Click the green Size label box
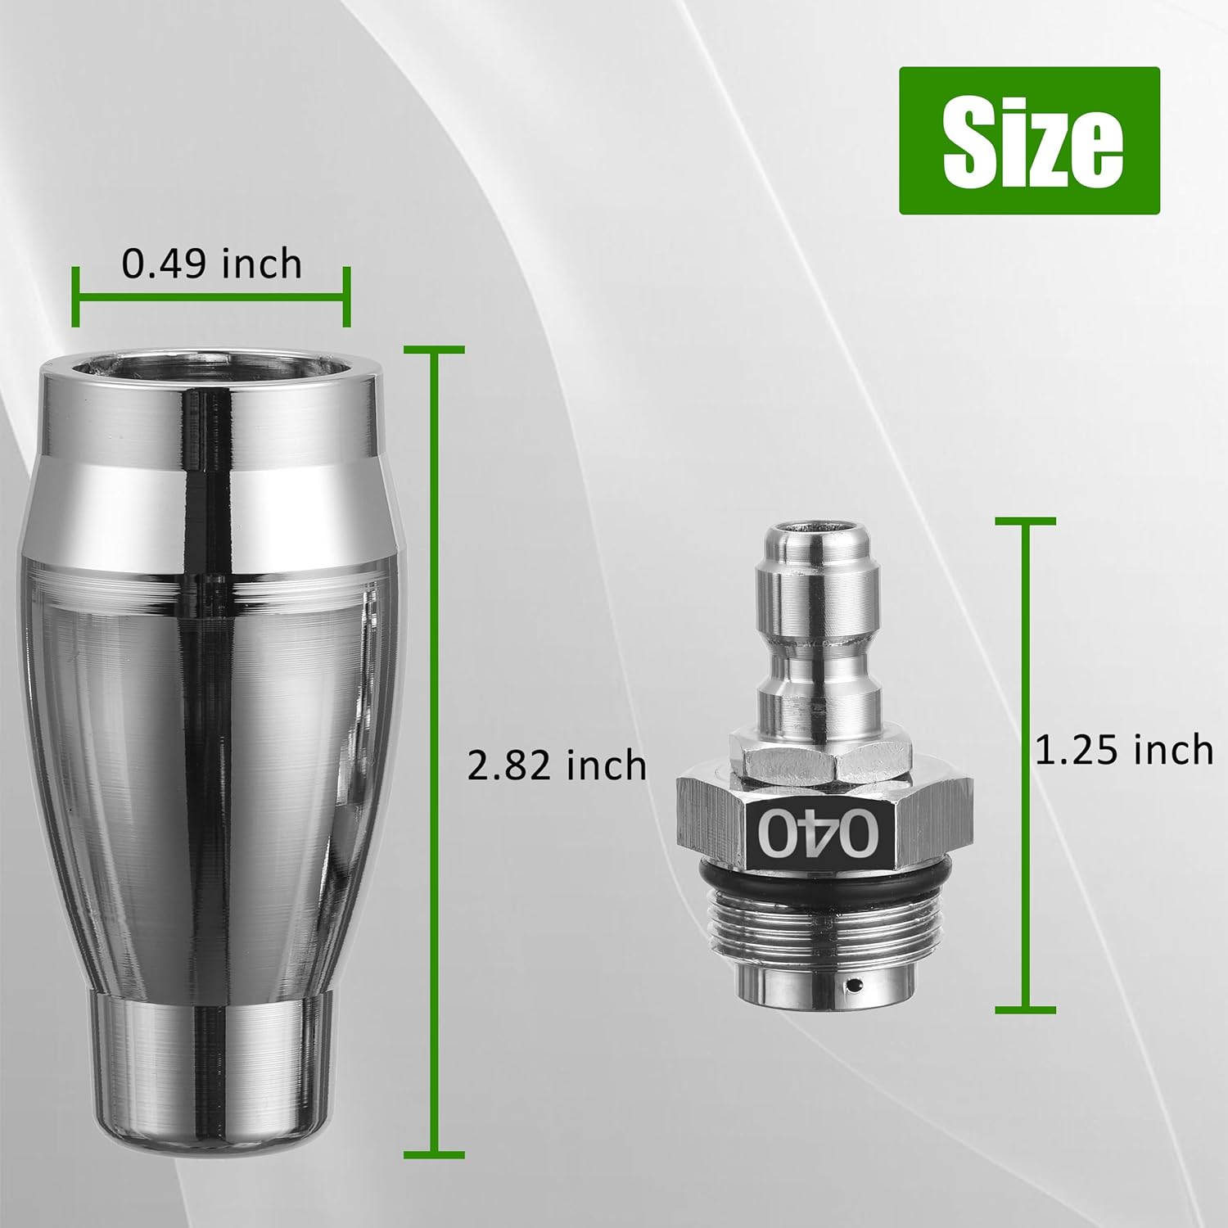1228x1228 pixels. (x=1029, y=141)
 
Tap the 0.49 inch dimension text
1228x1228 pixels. (x=212, y=264)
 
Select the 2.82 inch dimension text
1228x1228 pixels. (x=557, y=766)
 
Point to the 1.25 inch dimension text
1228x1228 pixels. (x=1124, y=750)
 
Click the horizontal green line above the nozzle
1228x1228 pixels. (x=210, y=296)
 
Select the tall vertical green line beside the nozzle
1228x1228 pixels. (x=435, y=819)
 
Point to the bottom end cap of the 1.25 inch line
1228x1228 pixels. (x=1025, y=1009)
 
